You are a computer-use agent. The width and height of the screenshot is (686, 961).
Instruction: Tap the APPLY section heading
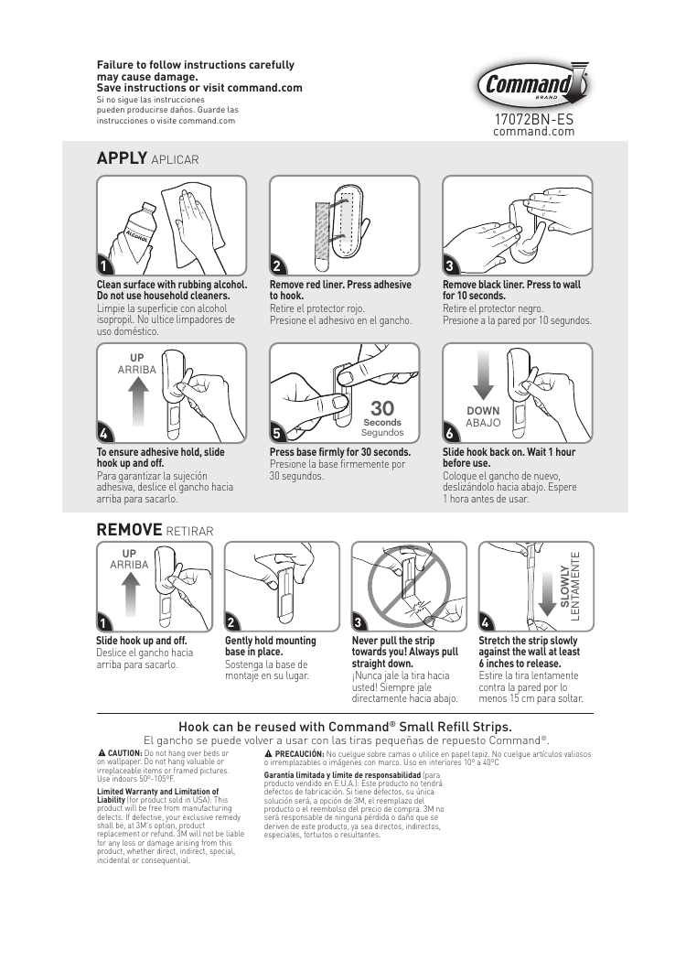[x=122, y=157]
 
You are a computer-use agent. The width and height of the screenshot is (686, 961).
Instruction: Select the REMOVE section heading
[x=129, y=530]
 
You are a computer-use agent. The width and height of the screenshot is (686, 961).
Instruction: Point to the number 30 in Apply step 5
[x=382, y=408]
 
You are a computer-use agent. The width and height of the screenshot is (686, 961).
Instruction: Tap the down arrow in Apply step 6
[x=483, y=380]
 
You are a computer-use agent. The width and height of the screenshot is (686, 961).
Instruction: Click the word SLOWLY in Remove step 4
[x=564, y=586]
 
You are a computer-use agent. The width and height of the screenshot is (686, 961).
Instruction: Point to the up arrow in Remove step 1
[x=130, y=592]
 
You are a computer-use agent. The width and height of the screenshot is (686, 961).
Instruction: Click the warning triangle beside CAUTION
[x=102, y=752]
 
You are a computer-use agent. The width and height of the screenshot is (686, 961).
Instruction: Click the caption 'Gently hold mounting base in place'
[x=270, y=646]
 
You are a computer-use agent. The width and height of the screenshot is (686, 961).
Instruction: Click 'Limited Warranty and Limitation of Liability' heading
[x=157, y=794]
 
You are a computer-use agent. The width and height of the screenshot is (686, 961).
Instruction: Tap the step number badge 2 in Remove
[x=232, y=622]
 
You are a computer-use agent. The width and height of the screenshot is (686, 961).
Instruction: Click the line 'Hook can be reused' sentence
[x=344, y=726]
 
